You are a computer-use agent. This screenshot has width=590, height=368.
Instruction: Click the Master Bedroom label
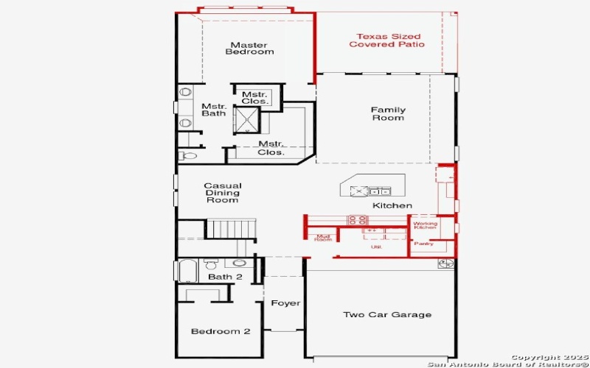click(x=249, y=49)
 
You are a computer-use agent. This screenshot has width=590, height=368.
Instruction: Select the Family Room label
click(x=387, y=114)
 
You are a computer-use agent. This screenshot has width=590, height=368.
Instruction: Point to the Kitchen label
click(x=392, y=205)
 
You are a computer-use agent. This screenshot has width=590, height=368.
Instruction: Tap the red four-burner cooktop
click(x=358, y=219)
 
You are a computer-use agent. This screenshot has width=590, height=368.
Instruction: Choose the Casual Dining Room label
click(x=222, y=193)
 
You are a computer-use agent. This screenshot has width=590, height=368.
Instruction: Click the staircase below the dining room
click(x=229, y=229)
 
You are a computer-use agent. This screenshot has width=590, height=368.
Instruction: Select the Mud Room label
click(x=323, y=237)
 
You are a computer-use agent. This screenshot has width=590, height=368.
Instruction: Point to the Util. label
click(x=375, y=247)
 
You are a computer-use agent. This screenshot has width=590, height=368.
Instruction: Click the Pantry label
click(x=423, y=244)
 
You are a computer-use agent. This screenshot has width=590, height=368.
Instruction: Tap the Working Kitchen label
click(x=425, y=225)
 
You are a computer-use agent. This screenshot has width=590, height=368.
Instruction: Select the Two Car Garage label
click(x=387, y=315)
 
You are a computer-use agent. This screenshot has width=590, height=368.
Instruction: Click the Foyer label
click(x=285, y=303)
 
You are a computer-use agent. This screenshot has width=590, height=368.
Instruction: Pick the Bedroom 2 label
click(x=221, y=331)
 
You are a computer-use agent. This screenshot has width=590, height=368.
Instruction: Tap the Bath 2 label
click(x=225, y=277)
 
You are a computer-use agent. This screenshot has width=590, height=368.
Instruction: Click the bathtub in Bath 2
click(x=187, y=271)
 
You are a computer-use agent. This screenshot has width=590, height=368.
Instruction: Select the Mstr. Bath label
click(x=214, y=110)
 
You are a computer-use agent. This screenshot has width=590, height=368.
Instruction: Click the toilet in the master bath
click(x=186, y=155)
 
